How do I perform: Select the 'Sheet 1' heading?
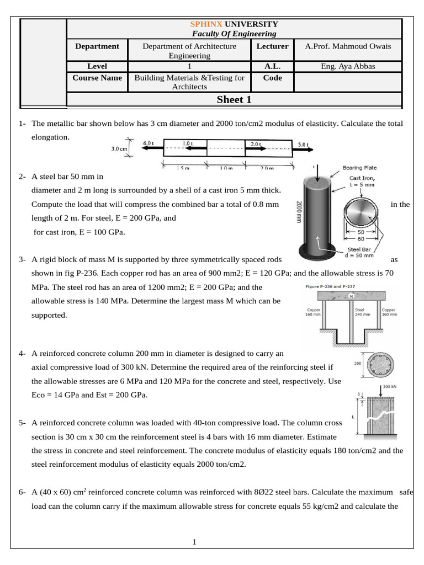point(234,100)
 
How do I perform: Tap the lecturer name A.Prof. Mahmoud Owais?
point(348,46)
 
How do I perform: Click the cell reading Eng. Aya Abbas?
point(348,66)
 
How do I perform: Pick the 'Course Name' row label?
point(97,78)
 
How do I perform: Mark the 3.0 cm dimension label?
point(119,148)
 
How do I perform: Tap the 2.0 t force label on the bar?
point(256,143)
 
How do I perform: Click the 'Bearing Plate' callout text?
point(359,167)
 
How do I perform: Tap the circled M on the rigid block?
point(351,297)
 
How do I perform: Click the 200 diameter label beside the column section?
point(358,364)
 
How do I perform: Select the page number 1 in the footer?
point(194,542)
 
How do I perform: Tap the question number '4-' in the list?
point(22,353)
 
